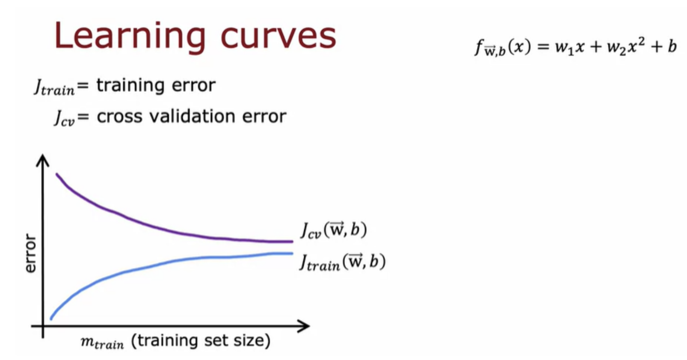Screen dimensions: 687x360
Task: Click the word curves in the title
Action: coord(278,36)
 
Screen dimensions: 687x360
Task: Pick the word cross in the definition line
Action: coord(119,117)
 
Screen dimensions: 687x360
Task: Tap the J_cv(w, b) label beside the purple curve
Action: coord(334,230)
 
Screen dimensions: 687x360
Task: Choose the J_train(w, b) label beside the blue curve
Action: coord(342,262)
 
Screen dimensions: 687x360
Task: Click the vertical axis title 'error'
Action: coord(30,253)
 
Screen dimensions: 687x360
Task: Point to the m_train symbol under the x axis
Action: coord(102,342)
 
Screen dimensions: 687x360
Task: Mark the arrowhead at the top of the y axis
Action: coord(43,161)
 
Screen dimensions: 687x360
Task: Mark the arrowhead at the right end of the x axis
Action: coord(303,326)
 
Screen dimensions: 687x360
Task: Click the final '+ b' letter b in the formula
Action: coord(672,46)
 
